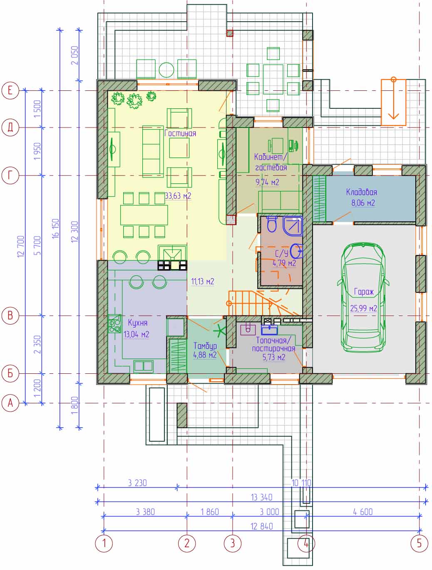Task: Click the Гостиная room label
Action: [180, 133]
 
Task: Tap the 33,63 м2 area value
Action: [178, 196]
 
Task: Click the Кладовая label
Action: [362, 192]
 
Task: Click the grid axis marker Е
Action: [10, 90]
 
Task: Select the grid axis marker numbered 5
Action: [419, 543]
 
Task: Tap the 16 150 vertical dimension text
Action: [56, 228]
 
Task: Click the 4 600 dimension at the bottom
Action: [363, 512]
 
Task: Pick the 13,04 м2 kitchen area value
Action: [137, 334]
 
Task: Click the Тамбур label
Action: [205, 346]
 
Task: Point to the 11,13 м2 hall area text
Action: [203, 281]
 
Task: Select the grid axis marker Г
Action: [10, 175]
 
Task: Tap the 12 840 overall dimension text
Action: [262, 526]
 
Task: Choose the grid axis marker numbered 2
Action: [187, 543]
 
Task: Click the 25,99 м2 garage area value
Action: [363, 308]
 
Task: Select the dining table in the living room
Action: [144, 215]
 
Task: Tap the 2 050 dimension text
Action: [74, 55]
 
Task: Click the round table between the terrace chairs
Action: [166, 70]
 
